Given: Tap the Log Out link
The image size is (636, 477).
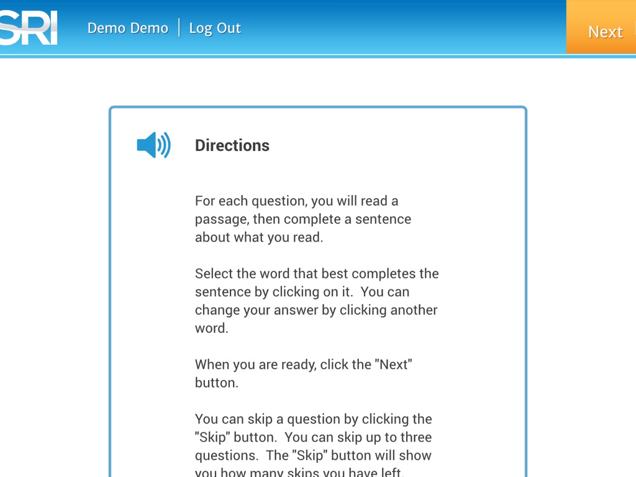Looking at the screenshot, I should click(x=215, y=28).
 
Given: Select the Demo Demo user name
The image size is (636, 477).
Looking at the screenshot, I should click(x=128, y=28).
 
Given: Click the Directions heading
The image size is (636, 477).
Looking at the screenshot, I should click(x=232, y=145).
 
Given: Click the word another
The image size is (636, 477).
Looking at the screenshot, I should click(x=414, y=310).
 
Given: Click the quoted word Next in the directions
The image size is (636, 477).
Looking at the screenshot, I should click(x=393, y=365).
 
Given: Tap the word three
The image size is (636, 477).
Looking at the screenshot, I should click(x=415, y=437).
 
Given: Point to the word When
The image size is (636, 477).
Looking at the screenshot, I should click(x=212, y=365).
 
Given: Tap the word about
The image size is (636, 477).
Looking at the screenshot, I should click(x=212, y=237).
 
